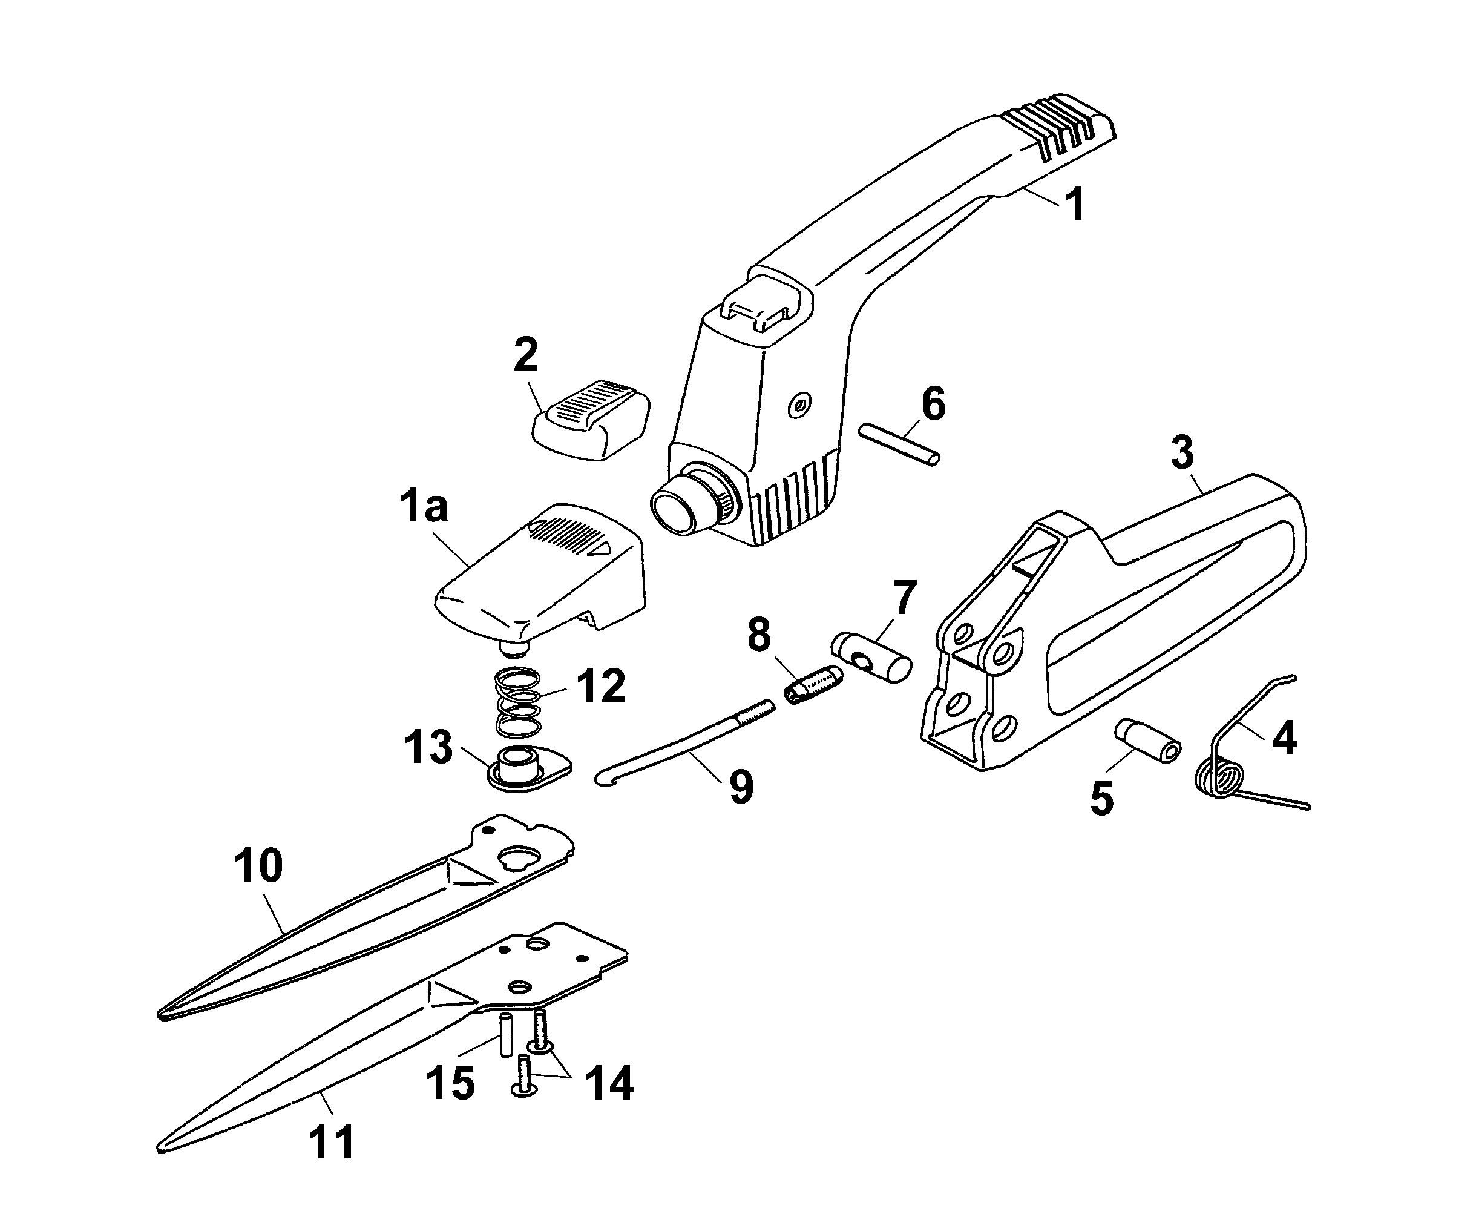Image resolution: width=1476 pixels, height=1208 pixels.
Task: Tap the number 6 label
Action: (933, 404)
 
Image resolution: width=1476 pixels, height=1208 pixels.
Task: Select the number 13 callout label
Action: (428, 747)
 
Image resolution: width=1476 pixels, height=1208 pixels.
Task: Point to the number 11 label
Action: (332, 1142)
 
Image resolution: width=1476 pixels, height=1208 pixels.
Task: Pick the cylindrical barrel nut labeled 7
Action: (871, 658)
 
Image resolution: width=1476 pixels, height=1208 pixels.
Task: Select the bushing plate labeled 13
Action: (530, 769)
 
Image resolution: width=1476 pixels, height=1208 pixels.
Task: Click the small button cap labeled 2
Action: (591, 420)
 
